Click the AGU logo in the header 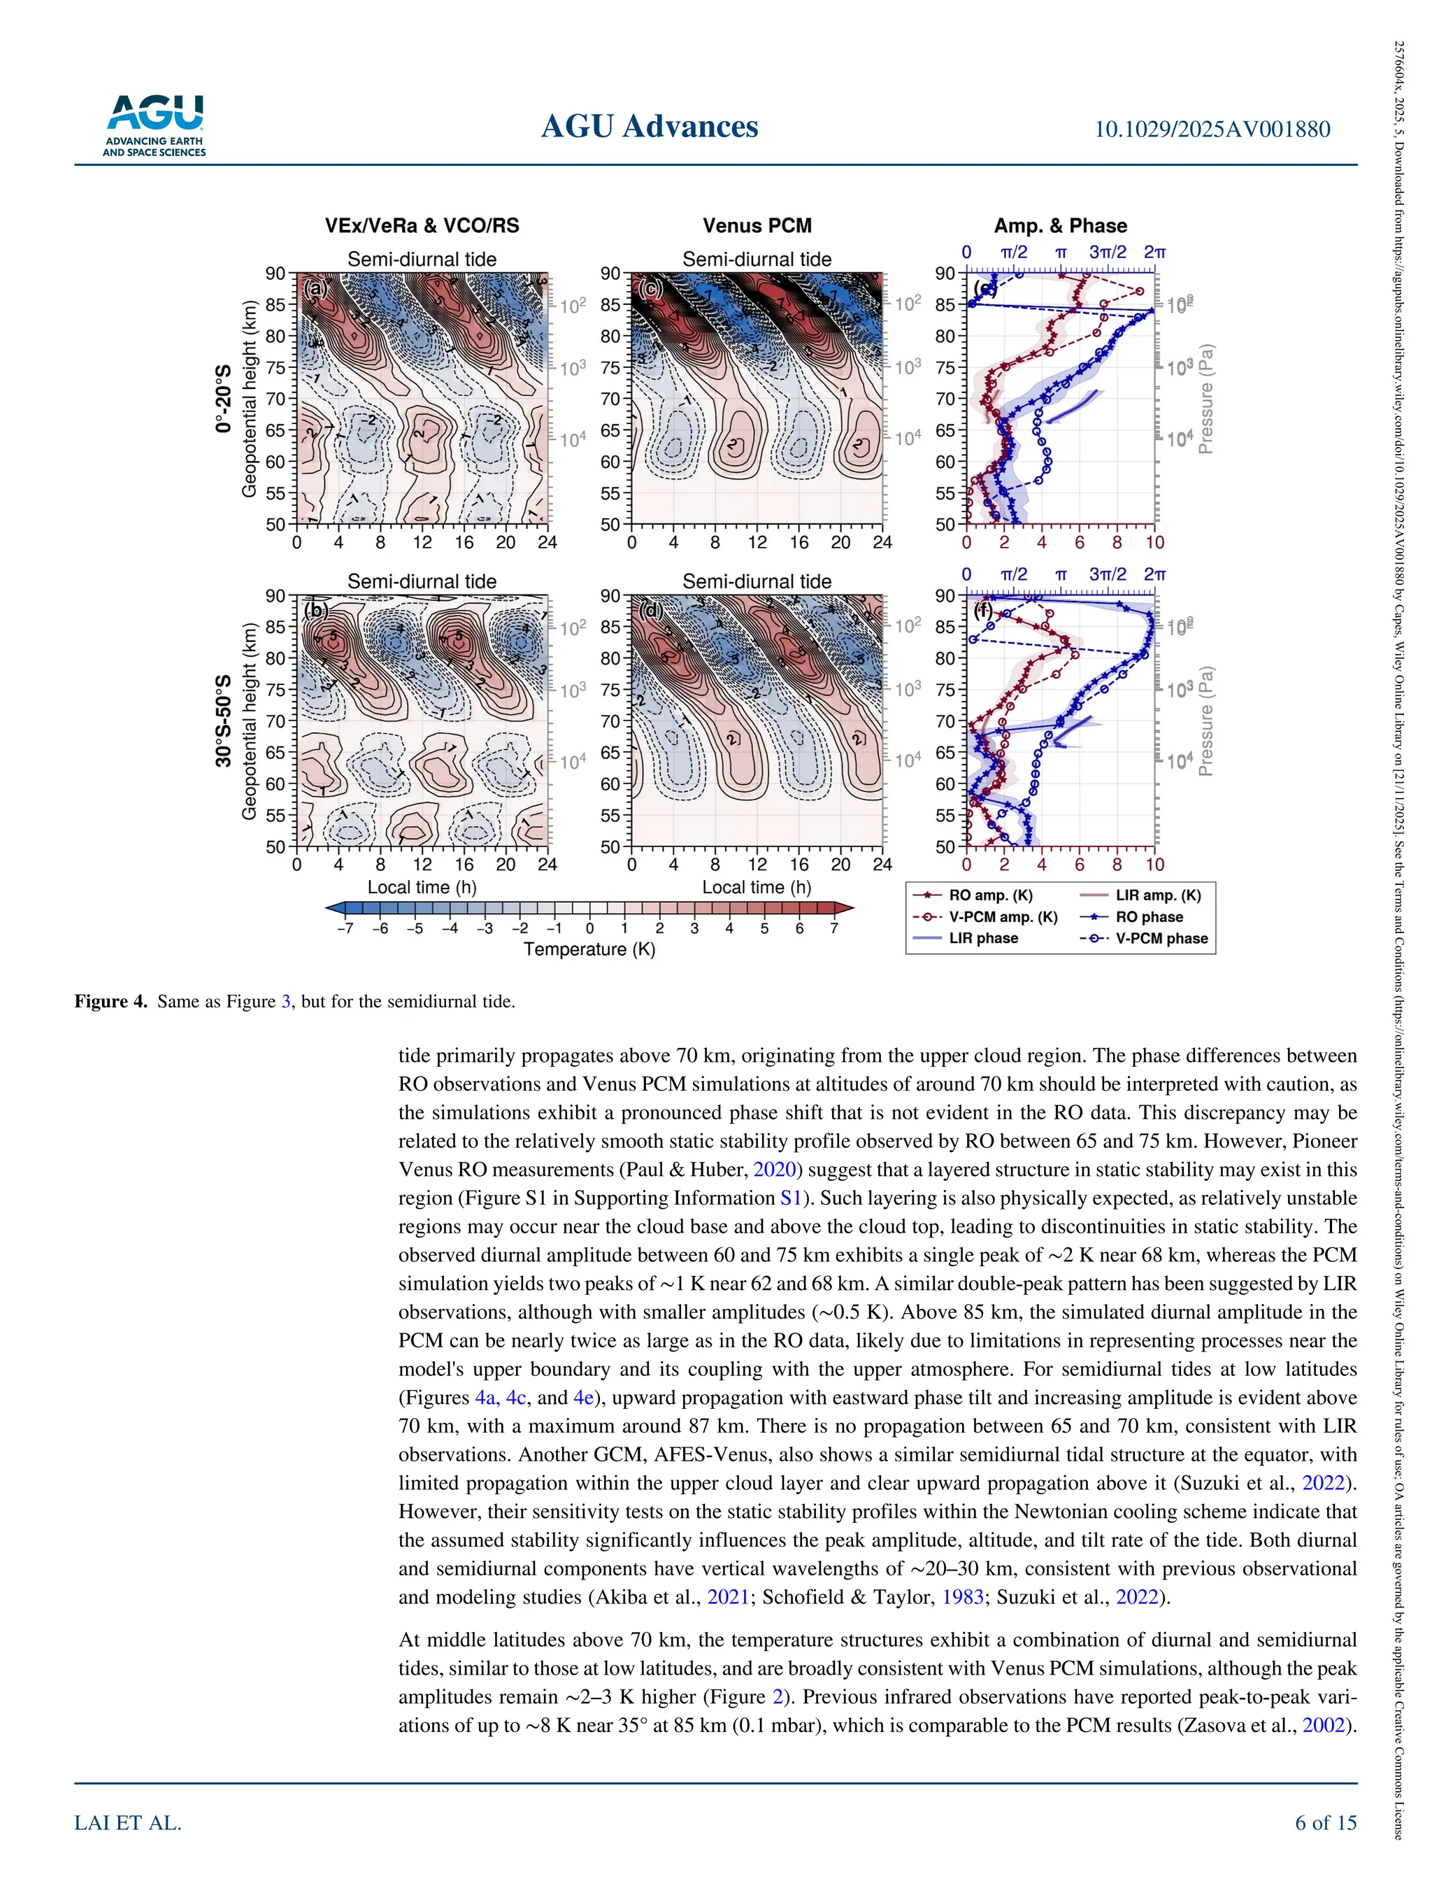[155, 125]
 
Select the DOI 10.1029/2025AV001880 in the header [1211, 129]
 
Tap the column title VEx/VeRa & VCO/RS [421, 226]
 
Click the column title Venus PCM [757, 226]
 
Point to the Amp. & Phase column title [1059, 226]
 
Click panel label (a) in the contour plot [316, 289]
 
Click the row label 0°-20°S [223, 399]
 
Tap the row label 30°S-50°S [223, 721]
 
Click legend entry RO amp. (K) [989, 895]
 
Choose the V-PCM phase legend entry [1161, 938]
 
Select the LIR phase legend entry [983, 938]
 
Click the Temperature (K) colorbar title [589, 949]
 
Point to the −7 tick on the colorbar [345, 928]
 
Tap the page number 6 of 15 [1326, 1823]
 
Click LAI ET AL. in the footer [128, 1823]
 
